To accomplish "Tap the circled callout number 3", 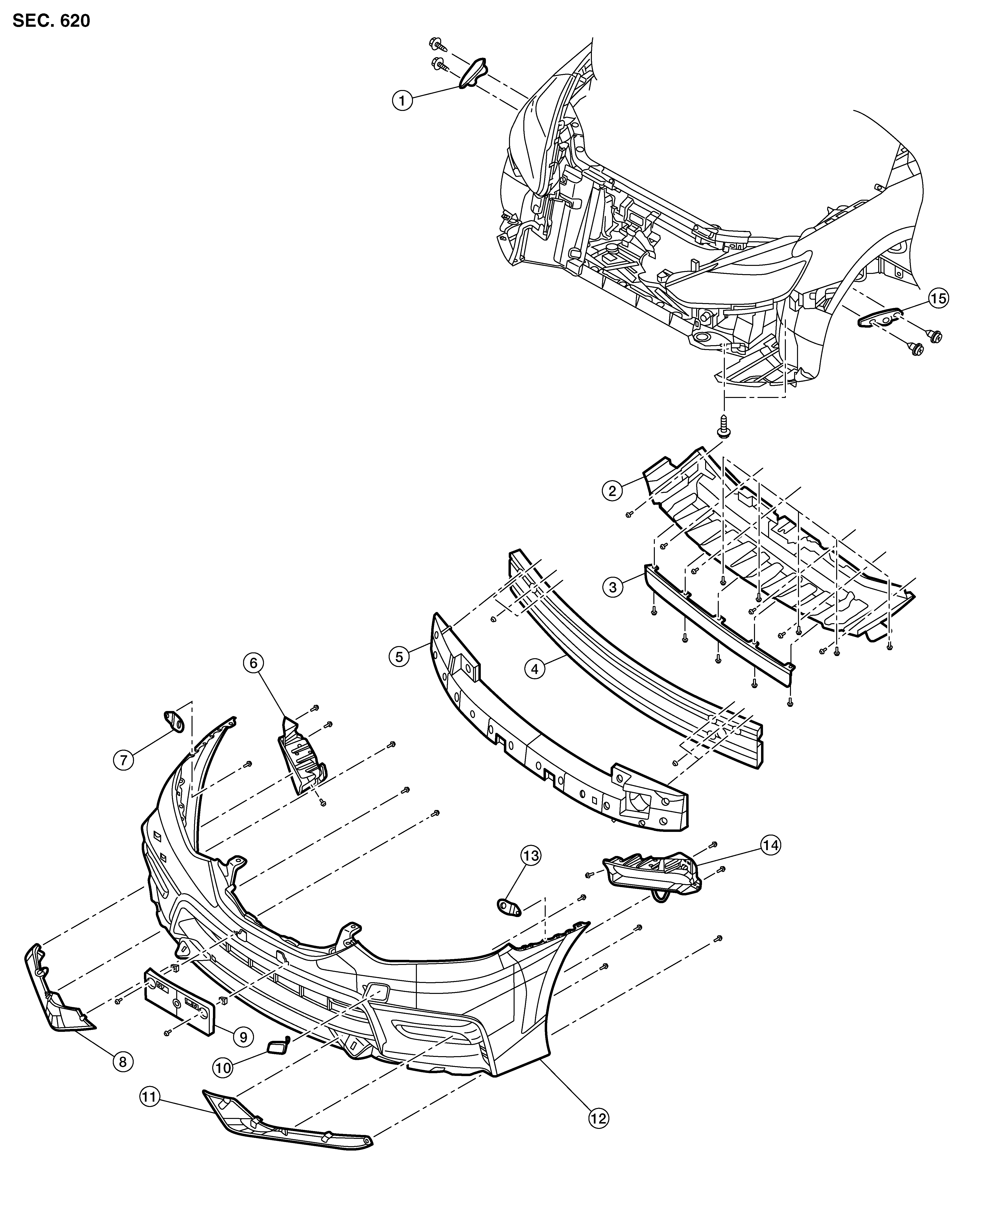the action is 613,586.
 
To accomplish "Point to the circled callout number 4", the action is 535,669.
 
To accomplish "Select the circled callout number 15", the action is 939,298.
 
